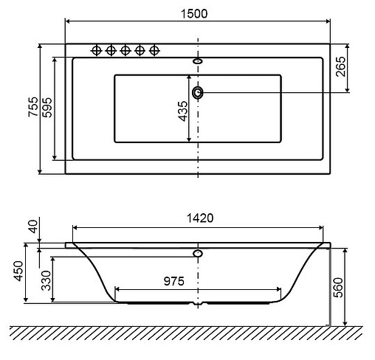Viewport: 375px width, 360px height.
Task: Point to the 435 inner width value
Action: pyautogui.click(x=182, y=111)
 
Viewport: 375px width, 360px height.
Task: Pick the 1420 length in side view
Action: pyautogui.click(x=199, y=218)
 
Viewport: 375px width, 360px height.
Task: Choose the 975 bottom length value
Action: pyautogui.click(x=169, y=280)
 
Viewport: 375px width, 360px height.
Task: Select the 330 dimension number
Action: pyautogui.click(x=46, y=280)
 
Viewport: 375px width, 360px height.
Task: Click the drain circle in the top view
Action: pyautogui.click(x=198, y=93)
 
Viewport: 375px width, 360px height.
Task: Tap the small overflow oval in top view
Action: pyautogui.click(x=198, y=61)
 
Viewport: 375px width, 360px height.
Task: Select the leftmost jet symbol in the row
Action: pyautogui.click(x=95, y=50)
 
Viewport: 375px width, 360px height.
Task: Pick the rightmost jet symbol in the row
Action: pyautogui.click(x=154, y=50)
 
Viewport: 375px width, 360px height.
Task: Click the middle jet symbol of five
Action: pyautogui.click(x=125, y=50)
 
